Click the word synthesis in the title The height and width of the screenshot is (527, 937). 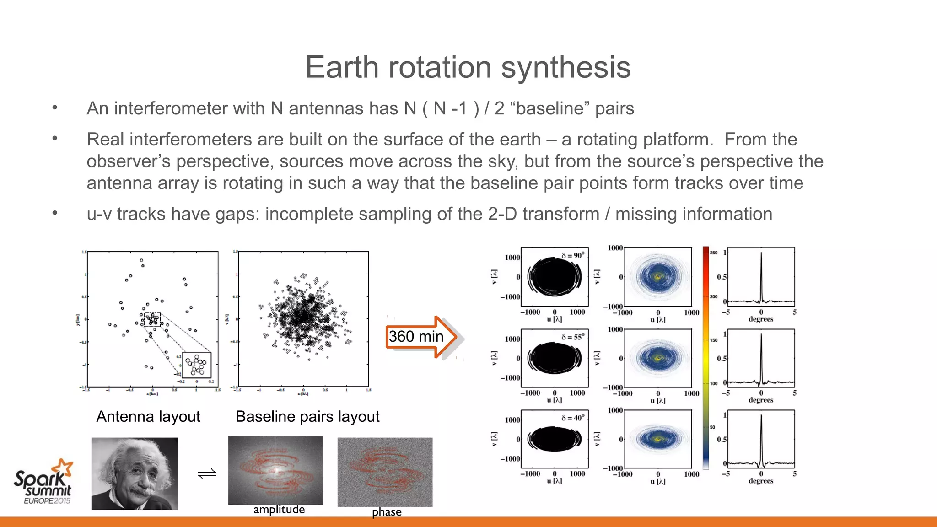[x=565, y=68]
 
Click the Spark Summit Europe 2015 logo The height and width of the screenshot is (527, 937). [x=43, y=482]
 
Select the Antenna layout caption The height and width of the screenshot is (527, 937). [x=148, y=416]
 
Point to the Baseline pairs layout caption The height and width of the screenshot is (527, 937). [x=307, y=416]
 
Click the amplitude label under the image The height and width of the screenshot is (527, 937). [x=279, y=510]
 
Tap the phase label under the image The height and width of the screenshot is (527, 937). [x=387, y=512]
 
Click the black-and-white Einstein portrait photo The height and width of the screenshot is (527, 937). [x=135, y=473]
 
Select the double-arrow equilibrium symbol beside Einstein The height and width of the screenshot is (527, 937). [x=207, y=474]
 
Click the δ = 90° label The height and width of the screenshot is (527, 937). [x=573, y=255]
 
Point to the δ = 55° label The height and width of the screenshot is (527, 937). [x=573, y=337]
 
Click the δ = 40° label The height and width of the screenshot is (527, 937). [x=573, y=418]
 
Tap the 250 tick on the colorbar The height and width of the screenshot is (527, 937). [x=713, y=253]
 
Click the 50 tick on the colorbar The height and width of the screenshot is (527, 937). [x=712, y=427]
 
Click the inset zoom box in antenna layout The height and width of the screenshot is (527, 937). [x=196, y=365]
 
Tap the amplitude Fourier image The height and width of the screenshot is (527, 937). [x=275, y=470]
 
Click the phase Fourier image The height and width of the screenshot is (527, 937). [x=385, y=472]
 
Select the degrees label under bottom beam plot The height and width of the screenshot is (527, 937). [x=761, y=481]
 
